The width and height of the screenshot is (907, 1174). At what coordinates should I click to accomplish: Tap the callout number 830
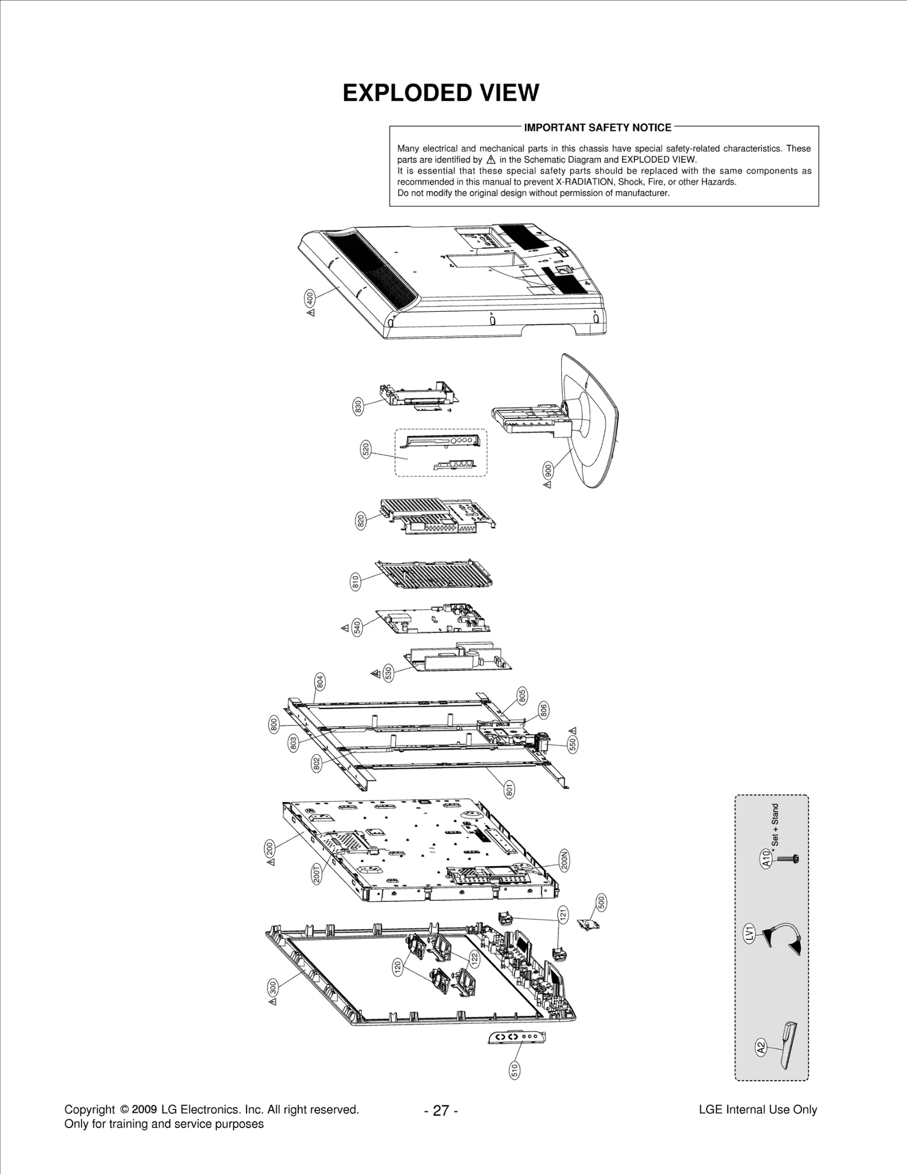pos(358,406)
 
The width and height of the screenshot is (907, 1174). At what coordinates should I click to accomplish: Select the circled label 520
pos(366,450)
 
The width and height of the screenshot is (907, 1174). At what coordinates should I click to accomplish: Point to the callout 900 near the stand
pos(548,471)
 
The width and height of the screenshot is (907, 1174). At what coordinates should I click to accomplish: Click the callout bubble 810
pos(356,582)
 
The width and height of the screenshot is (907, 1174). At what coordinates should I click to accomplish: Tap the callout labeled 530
pos(388,673)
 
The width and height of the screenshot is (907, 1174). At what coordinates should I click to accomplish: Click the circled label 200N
pos(563,861)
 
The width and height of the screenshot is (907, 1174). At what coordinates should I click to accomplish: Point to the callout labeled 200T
pos(317,874)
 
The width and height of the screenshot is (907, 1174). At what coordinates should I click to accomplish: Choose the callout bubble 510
pos(515,1070)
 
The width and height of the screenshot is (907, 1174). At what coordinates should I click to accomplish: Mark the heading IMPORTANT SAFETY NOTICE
pos(597,128)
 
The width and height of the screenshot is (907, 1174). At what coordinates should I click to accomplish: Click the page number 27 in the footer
pos(440,1111)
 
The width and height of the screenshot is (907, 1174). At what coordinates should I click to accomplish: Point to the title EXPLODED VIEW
pos(440,93)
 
